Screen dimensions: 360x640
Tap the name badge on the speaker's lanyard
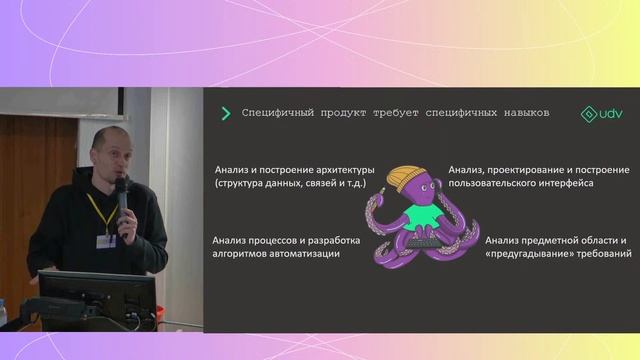(x=105, y=240)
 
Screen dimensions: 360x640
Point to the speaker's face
(x=104, y=156)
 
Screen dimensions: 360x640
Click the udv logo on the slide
(x=602, y=114)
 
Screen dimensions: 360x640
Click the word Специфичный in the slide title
(x=276, y=114)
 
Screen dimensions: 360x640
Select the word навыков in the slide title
(x=521, y=114)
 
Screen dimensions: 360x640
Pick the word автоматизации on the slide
(x=302, y=255)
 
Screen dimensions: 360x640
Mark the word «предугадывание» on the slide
(x=531, y=255)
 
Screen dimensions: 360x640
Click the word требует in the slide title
(x=378, y=114)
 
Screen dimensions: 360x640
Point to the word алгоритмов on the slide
(x=238, y=255)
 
